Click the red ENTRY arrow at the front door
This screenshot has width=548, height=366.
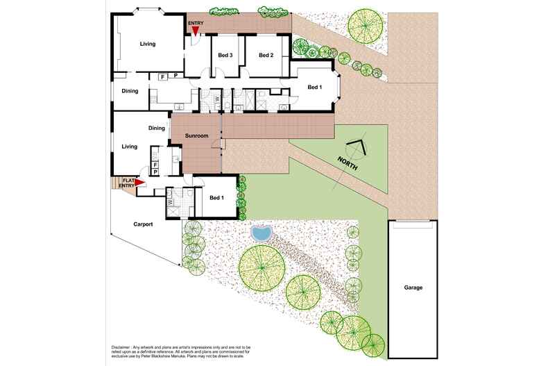tap(195, 31)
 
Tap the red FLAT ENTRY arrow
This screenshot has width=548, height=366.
tap(140, 182)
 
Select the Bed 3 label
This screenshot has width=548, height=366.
tap(225, 55)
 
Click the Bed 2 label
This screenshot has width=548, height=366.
tap(266, 55)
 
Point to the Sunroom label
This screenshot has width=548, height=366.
tap(197, 135)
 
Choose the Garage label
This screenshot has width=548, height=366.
tap(413, 288)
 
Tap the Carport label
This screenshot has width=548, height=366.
tap(143, 224)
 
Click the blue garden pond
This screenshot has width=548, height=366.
tap(261, 233)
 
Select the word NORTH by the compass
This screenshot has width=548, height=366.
tap(348, 163)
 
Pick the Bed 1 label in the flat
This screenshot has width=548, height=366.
tap(216, 198)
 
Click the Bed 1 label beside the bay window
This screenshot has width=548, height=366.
tap(314, 87)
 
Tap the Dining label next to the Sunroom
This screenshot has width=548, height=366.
tap(157, 128)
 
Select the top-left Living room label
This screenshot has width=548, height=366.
tap(148, 44)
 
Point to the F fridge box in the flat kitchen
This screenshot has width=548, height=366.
tap(155, 165)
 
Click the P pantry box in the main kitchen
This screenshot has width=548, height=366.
tap(175, 76)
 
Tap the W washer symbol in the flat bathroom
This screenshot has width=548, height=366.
tap(171, 202)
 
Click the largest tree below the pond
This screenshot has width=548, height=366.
tap(262, 268)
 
